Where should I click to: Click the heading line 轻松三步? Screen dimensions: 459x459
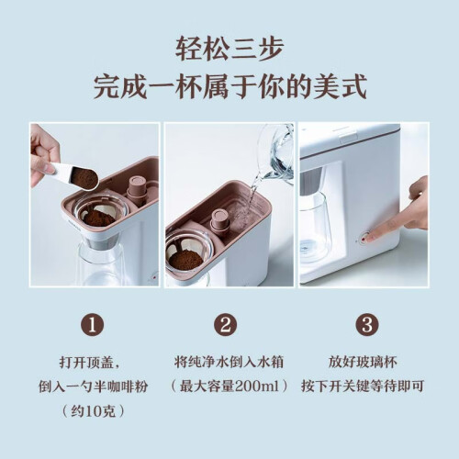click(x=229, y=49)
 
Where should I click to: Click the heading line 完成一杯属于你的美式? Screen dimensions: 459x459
click(x=229, y=86)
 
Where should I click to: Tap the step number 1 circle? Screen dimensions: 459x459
click(x=92, y=325)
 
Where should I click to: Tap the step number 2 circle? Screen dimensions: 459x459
click(x=226, y=325)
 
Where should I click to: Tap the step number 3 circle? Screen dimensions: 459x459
click(x=367, y=325)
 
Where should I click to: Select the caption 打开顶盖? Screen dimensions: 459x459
click(x=86, y=363)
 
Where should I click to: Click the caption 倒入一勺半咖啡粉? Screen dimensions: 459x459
click(x=93, y=386)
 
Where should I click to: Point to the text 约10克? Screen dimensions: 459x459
click(x=94, y=411)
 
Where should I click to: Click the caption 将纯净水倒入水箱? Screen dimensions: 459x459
click(x=229, y=363)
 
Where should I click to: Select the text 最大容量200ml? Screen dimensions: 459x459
click(x=229, y=386)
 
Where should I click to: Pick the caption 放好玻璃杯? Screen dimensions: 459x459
click(x=363, y=363)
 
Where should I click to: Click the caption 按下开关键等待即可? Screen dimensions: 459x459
click(x=363, y=386)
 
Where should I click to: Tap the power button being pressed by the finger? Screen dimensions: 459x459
click(x=364, y=238)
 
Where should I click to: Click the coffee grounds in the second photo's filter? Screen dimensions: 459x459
click(x=185, y=261)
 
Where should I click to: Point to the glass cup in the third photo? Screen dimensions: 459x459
click(x=315, y=228)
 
